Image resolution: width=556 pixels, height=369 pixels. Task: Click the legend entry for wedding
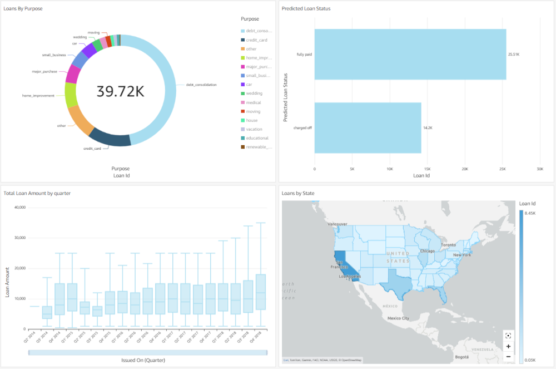(254, 94)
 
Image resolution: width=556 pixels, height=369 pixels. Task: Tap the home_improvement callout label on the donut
(38, 96)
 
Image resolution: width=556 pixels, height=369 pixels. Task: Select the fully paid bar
(410, 55)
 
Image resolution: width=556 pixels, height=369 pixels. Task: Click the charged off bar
(368, 127)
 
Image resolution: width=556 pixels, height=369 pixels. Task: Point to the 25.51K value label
(514, 55)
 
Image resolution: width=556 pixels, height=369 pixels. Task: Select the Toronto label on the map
(449, 245)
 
